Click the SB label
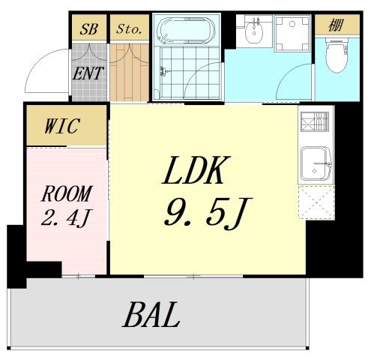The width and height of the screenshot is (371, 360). coord(89,30)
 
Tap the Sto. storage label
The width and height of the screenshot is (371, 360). coord(128,30)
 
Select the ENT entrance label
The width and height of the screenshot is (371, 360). coord(88,73)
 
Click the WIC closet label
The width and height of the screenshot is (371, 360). coord(62,125)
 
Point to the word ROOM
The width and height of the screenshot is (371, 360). coord(65,194)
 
